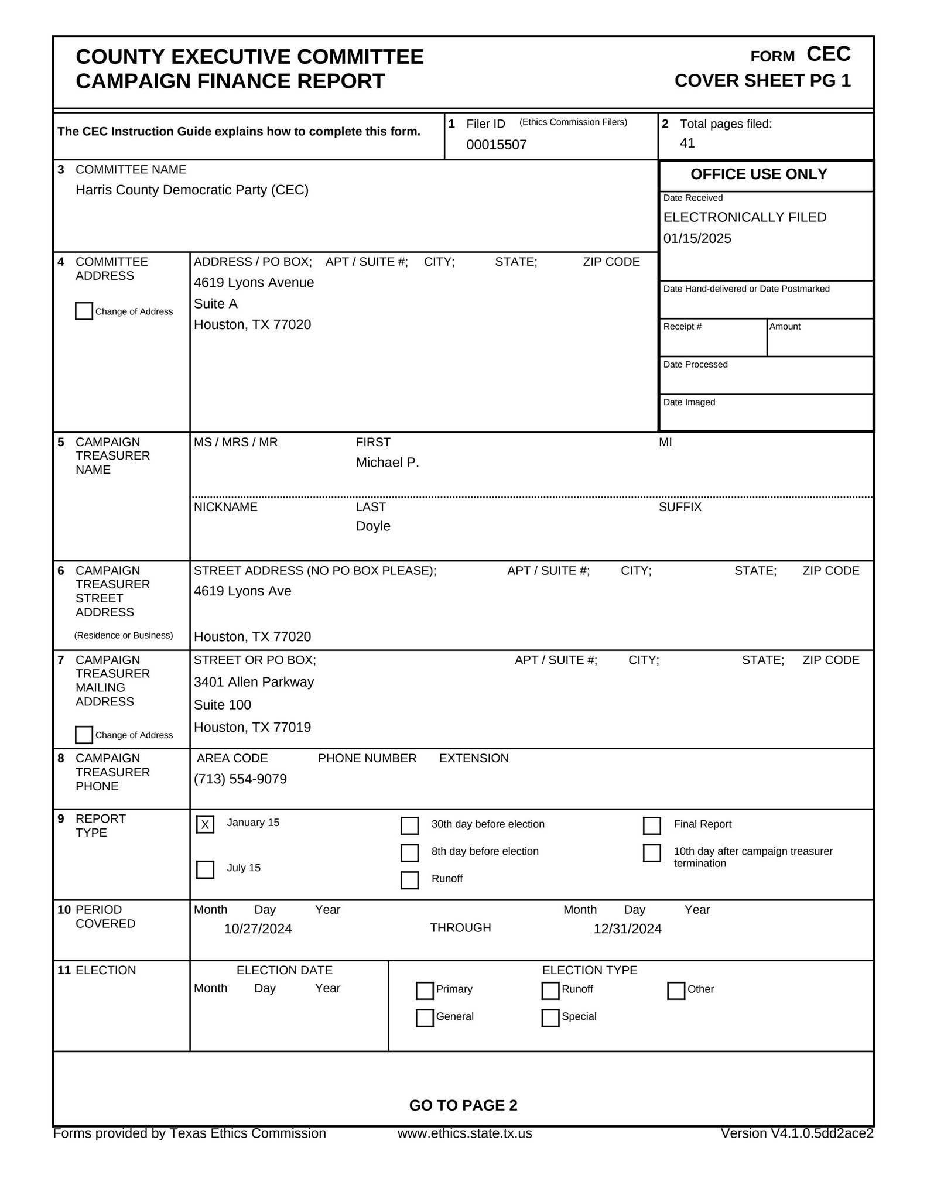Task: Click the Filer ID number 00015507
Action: pos(496,145)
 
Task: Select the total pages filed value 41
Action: pos(687,143)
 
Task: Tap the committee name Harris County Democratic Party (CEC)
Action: pos(191,190)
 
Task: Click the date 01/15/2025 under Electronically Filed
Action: pos(697,238)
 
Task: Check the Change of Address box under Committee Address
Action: pos(84,311)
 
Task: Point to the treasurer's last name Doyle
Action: pos(373,526)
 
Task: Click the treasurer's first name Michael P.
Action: pos(387,463)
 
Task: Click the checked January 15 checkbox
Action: pos(205,824)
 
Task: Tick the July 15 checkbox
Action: pos(205,869)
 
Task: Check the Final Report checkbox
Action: pos(652,825)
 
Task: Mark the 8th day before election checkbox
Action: pos(409,853)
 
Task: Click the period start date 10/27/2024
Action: pos(258,929)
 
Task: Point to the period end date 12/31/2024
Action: pos(627,929)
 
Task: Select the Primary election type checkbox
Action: pos(425,991)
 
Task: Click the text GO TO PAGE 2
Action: pos(463,1105)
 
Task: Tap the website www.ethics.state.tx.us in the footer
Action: pos(464,1133)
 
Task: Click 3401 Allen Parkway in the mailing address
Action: pos(254,682)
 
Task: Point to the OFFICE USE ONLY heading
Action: pos(758,174)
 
